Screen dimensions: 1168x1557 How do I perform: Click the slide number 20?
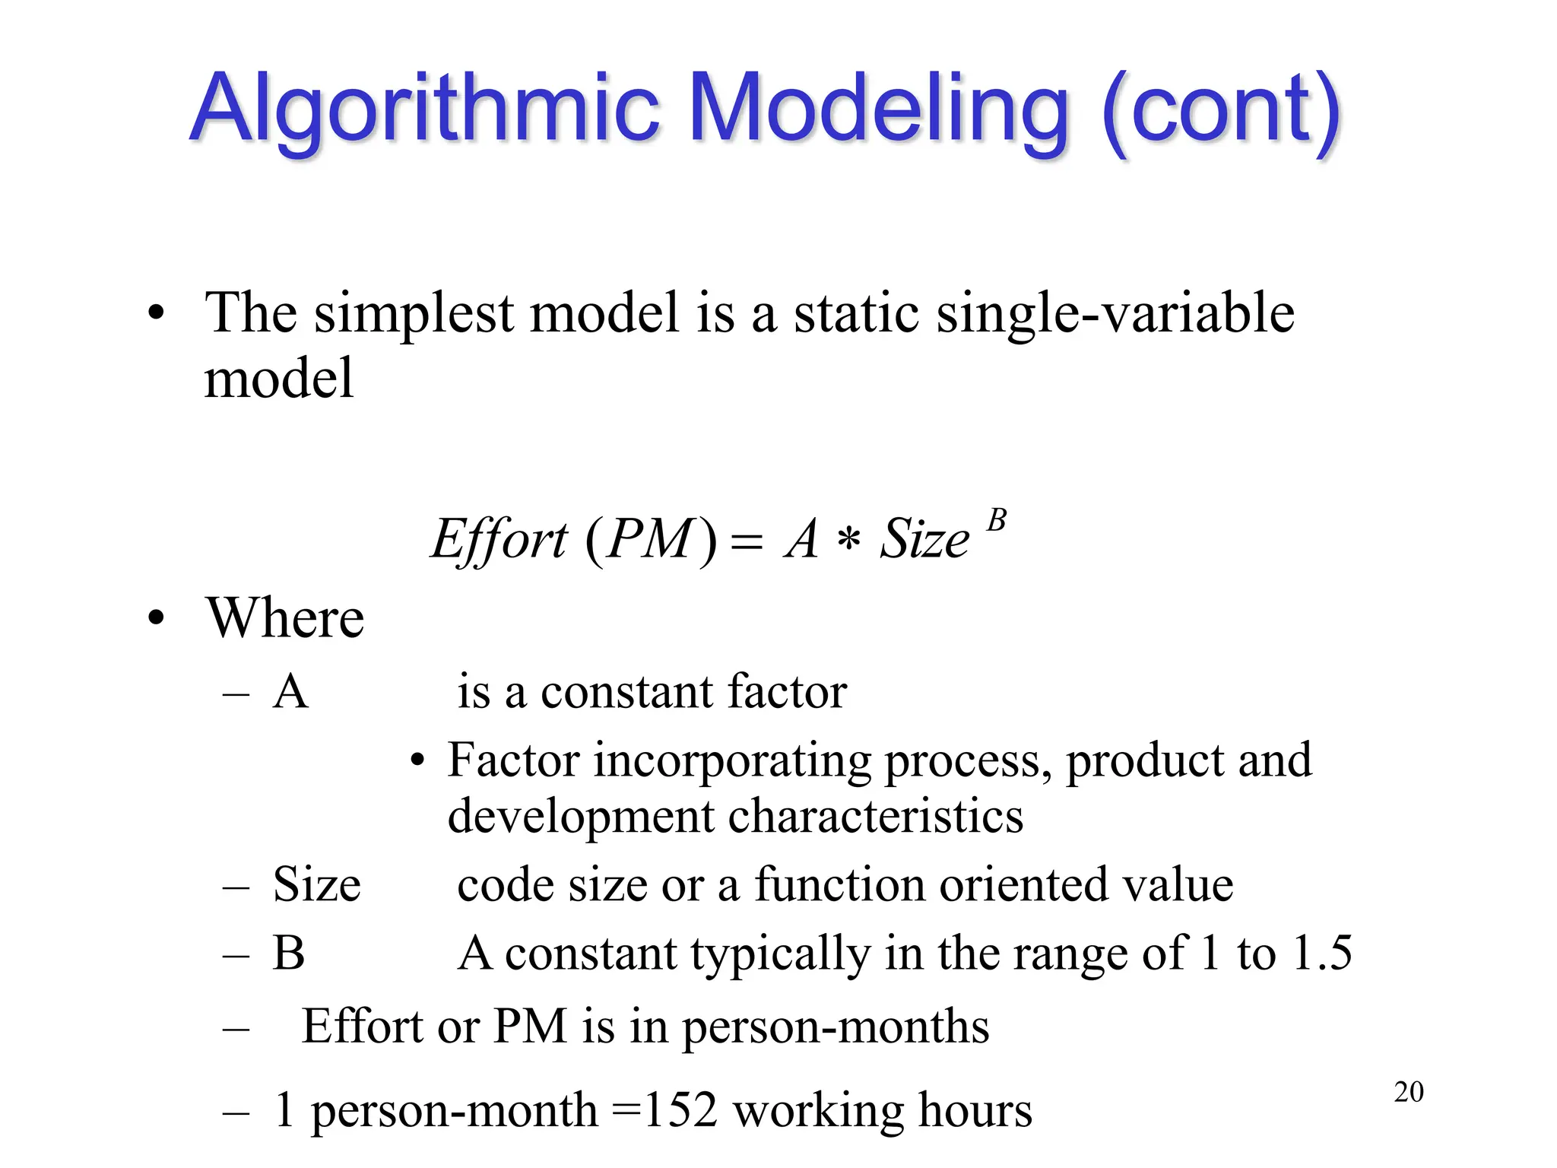[x=1408, y=1092]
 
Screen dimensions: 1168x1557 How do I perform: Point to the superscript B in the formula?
[x=996, y=521]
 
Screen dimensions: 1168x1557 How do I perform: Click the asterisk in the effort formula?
[x=848, y=541]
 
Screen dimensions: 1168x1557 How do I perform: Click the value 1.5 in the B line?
[x=1322, y=952]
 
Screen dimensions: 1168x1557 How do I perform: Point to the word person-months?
[x=836, y=1026]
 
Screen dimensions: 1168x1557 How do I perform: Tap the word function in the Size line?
[x=839, y=884]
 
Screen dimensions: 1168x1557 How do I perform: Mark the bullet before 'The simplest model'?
[x=156, y=313]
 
